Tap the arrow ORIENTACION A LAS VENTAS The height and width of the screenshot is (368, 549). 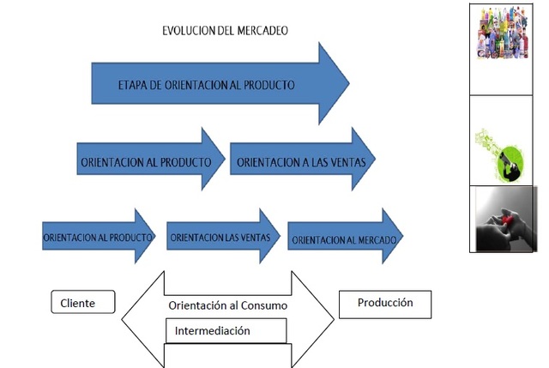click(296, 160)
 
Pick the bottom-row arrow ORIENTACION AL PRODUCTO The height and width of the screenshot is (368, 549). click(99, 235)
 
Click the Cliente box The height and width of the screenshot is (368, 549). click(83, 303)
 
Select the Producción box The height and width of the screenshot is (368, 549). click(385, 303)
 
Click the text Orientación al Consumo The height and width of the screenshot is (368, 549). click(227, 305)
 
